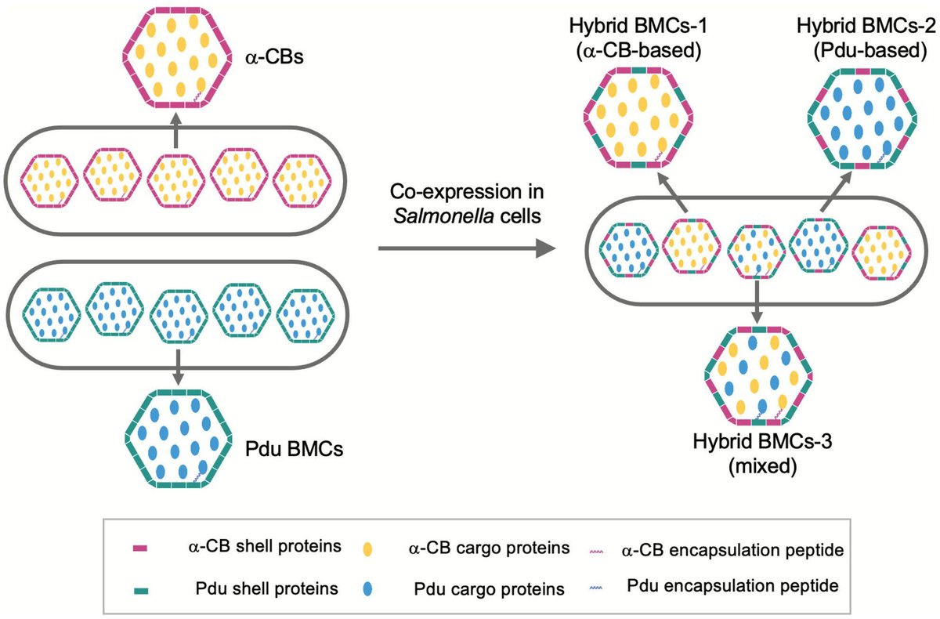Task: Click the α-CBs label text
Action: [269, 57]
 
